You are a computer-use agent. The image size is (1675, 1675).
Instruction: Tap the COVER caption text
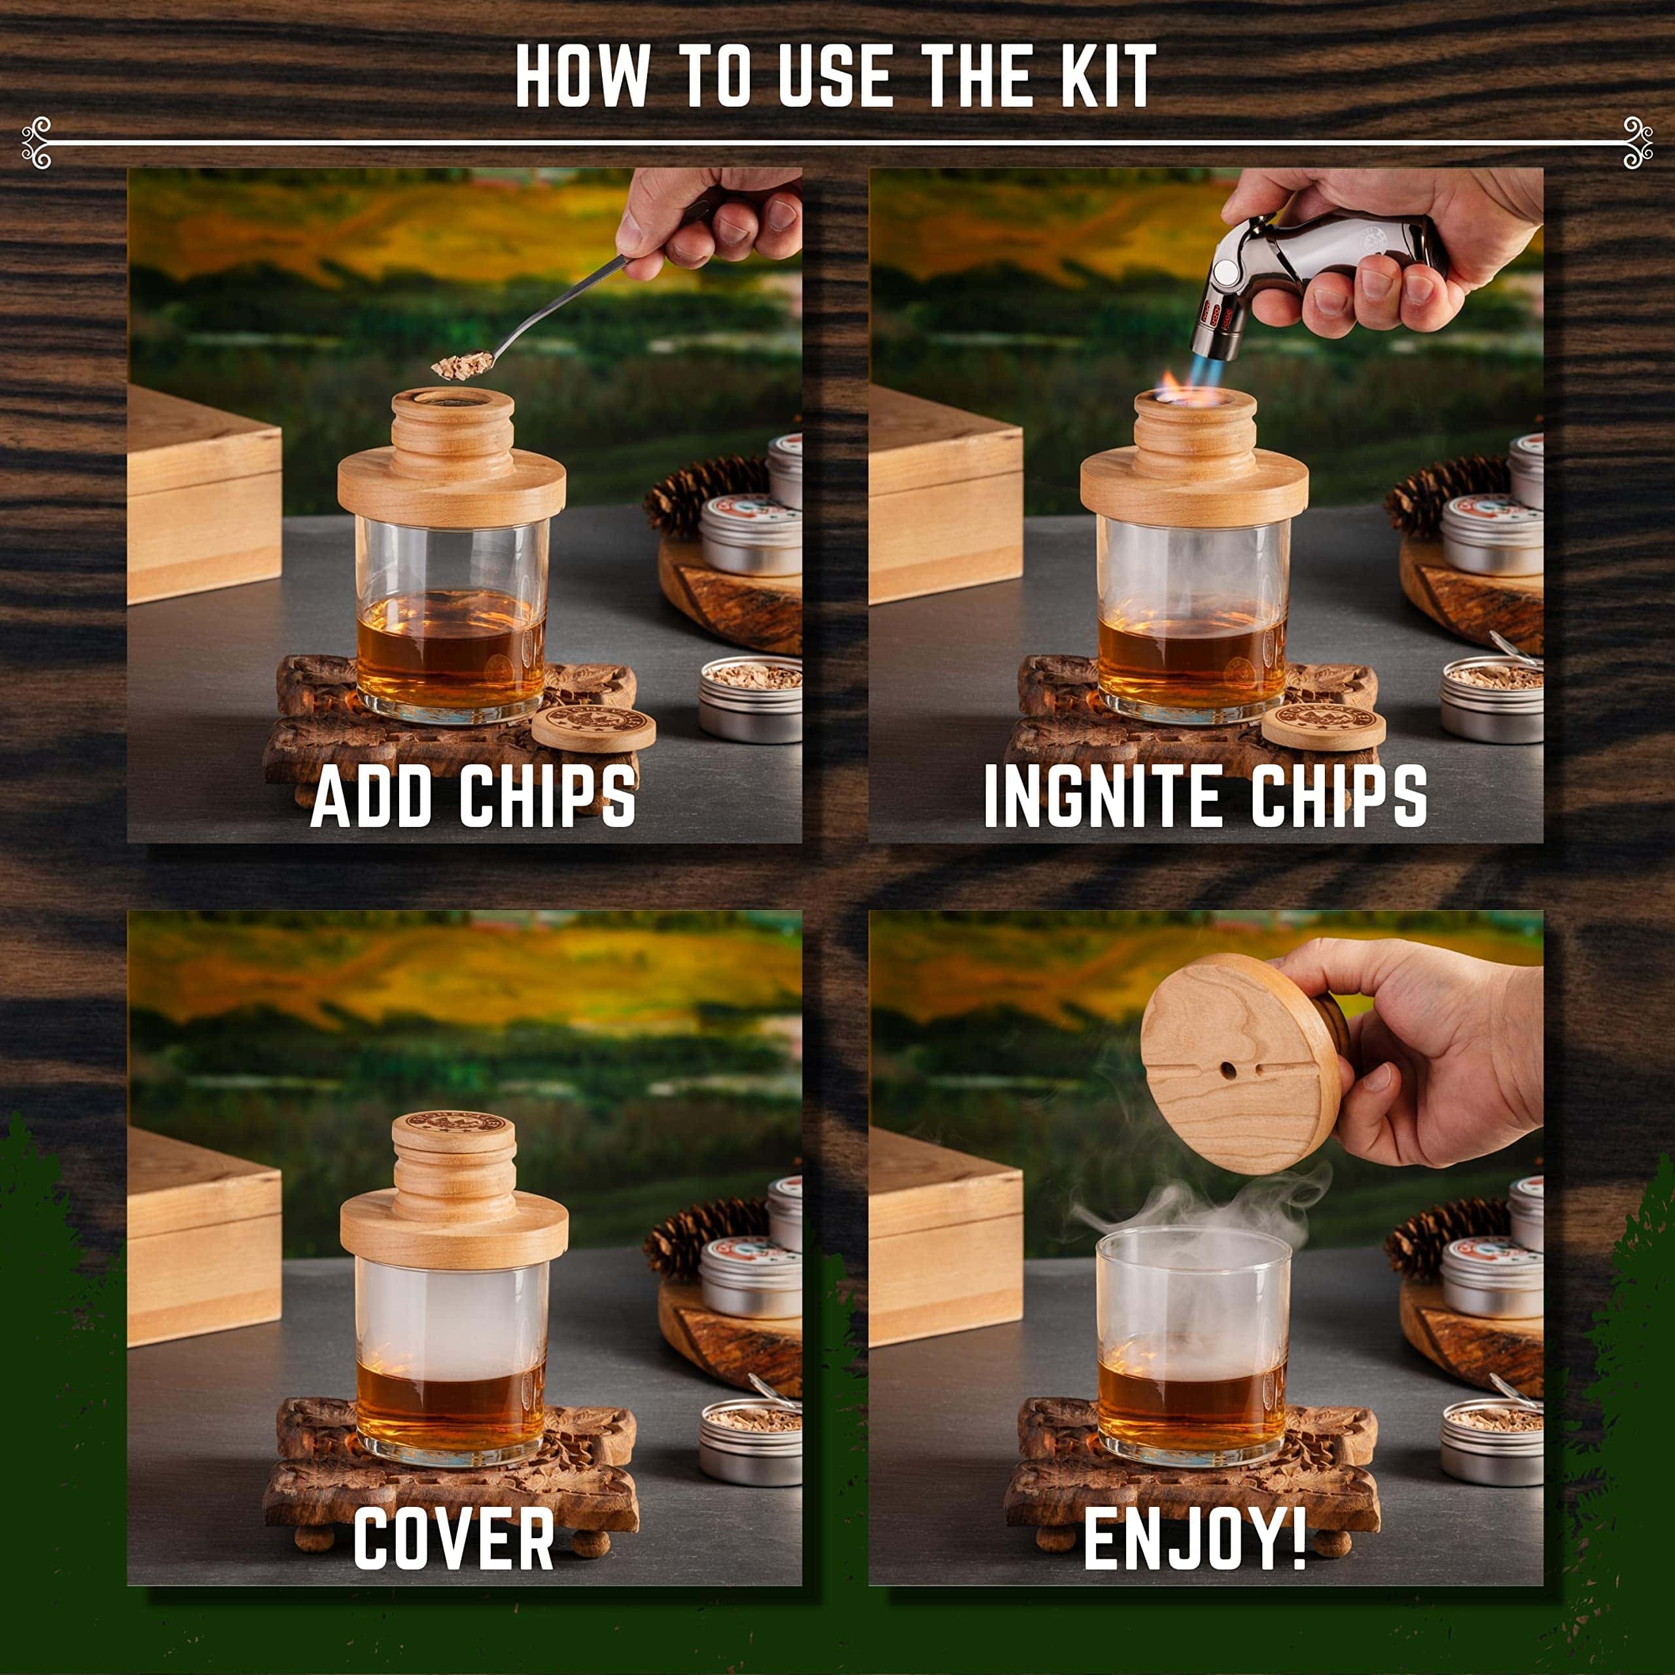(453, 1536)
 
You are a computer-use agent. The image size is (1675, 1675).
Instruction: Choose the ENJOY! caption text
(1195, 1536)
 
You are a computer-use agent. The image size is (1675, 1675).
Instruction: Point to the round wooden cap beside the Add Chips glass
(593, 726)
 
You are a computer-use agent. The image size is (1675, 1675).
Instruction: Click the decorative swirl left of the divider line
(37, 142)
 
